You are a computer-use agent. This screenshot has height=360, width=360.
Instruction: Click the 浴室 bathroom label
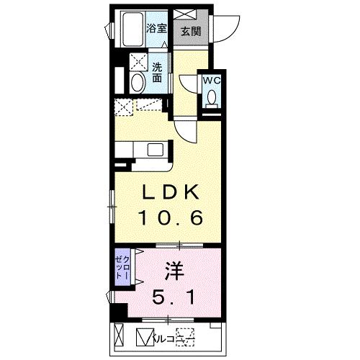tap(157, 28)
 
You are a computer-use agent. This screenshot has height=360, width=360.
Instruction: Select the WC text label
tap(212, 81)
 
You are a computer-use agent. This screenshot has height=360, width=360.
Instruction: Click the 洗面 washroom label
tap(157, 72)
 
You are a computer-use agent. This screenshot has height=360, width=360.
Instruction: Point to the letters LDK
tap(170, 192)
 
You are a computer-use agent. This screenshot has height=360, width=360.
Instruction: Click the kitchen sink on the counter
tap(156, 150)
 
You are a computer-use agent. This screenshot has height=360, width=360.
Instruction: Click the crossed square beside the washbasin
tap(137, 60)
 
